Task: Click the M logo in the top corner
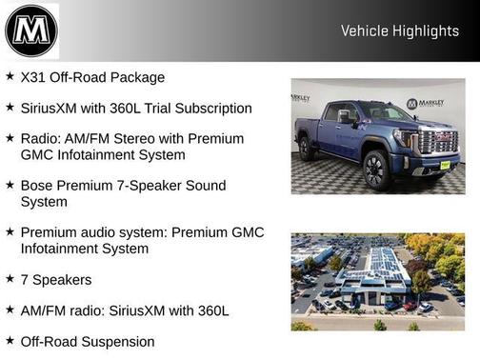pyautogui.click(x=31, y=30)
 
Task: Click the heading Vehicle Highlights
pyautogui.click(x=400, y=31)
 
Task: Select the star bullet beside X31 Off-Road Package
pyautogui.click(x=10, y=76)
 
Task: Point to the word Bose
pyautogui.click(x=37, y=185)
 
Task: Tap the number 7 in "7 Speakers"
pyautogui.click(x=25, y=279)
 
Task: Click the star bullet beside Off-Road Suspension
pyautogui.click(x=10, y=340)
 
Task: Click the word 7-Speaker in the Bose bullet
pyautogui.click(x=160, y=185)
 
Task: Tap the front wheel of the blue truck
pyautogui.click(x=373, y=169)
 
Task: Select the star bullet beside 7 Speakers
pyautogui.click(x=10, y=278)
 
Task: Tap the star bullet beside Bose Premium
pyautogui.click(x=10, y=184)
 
